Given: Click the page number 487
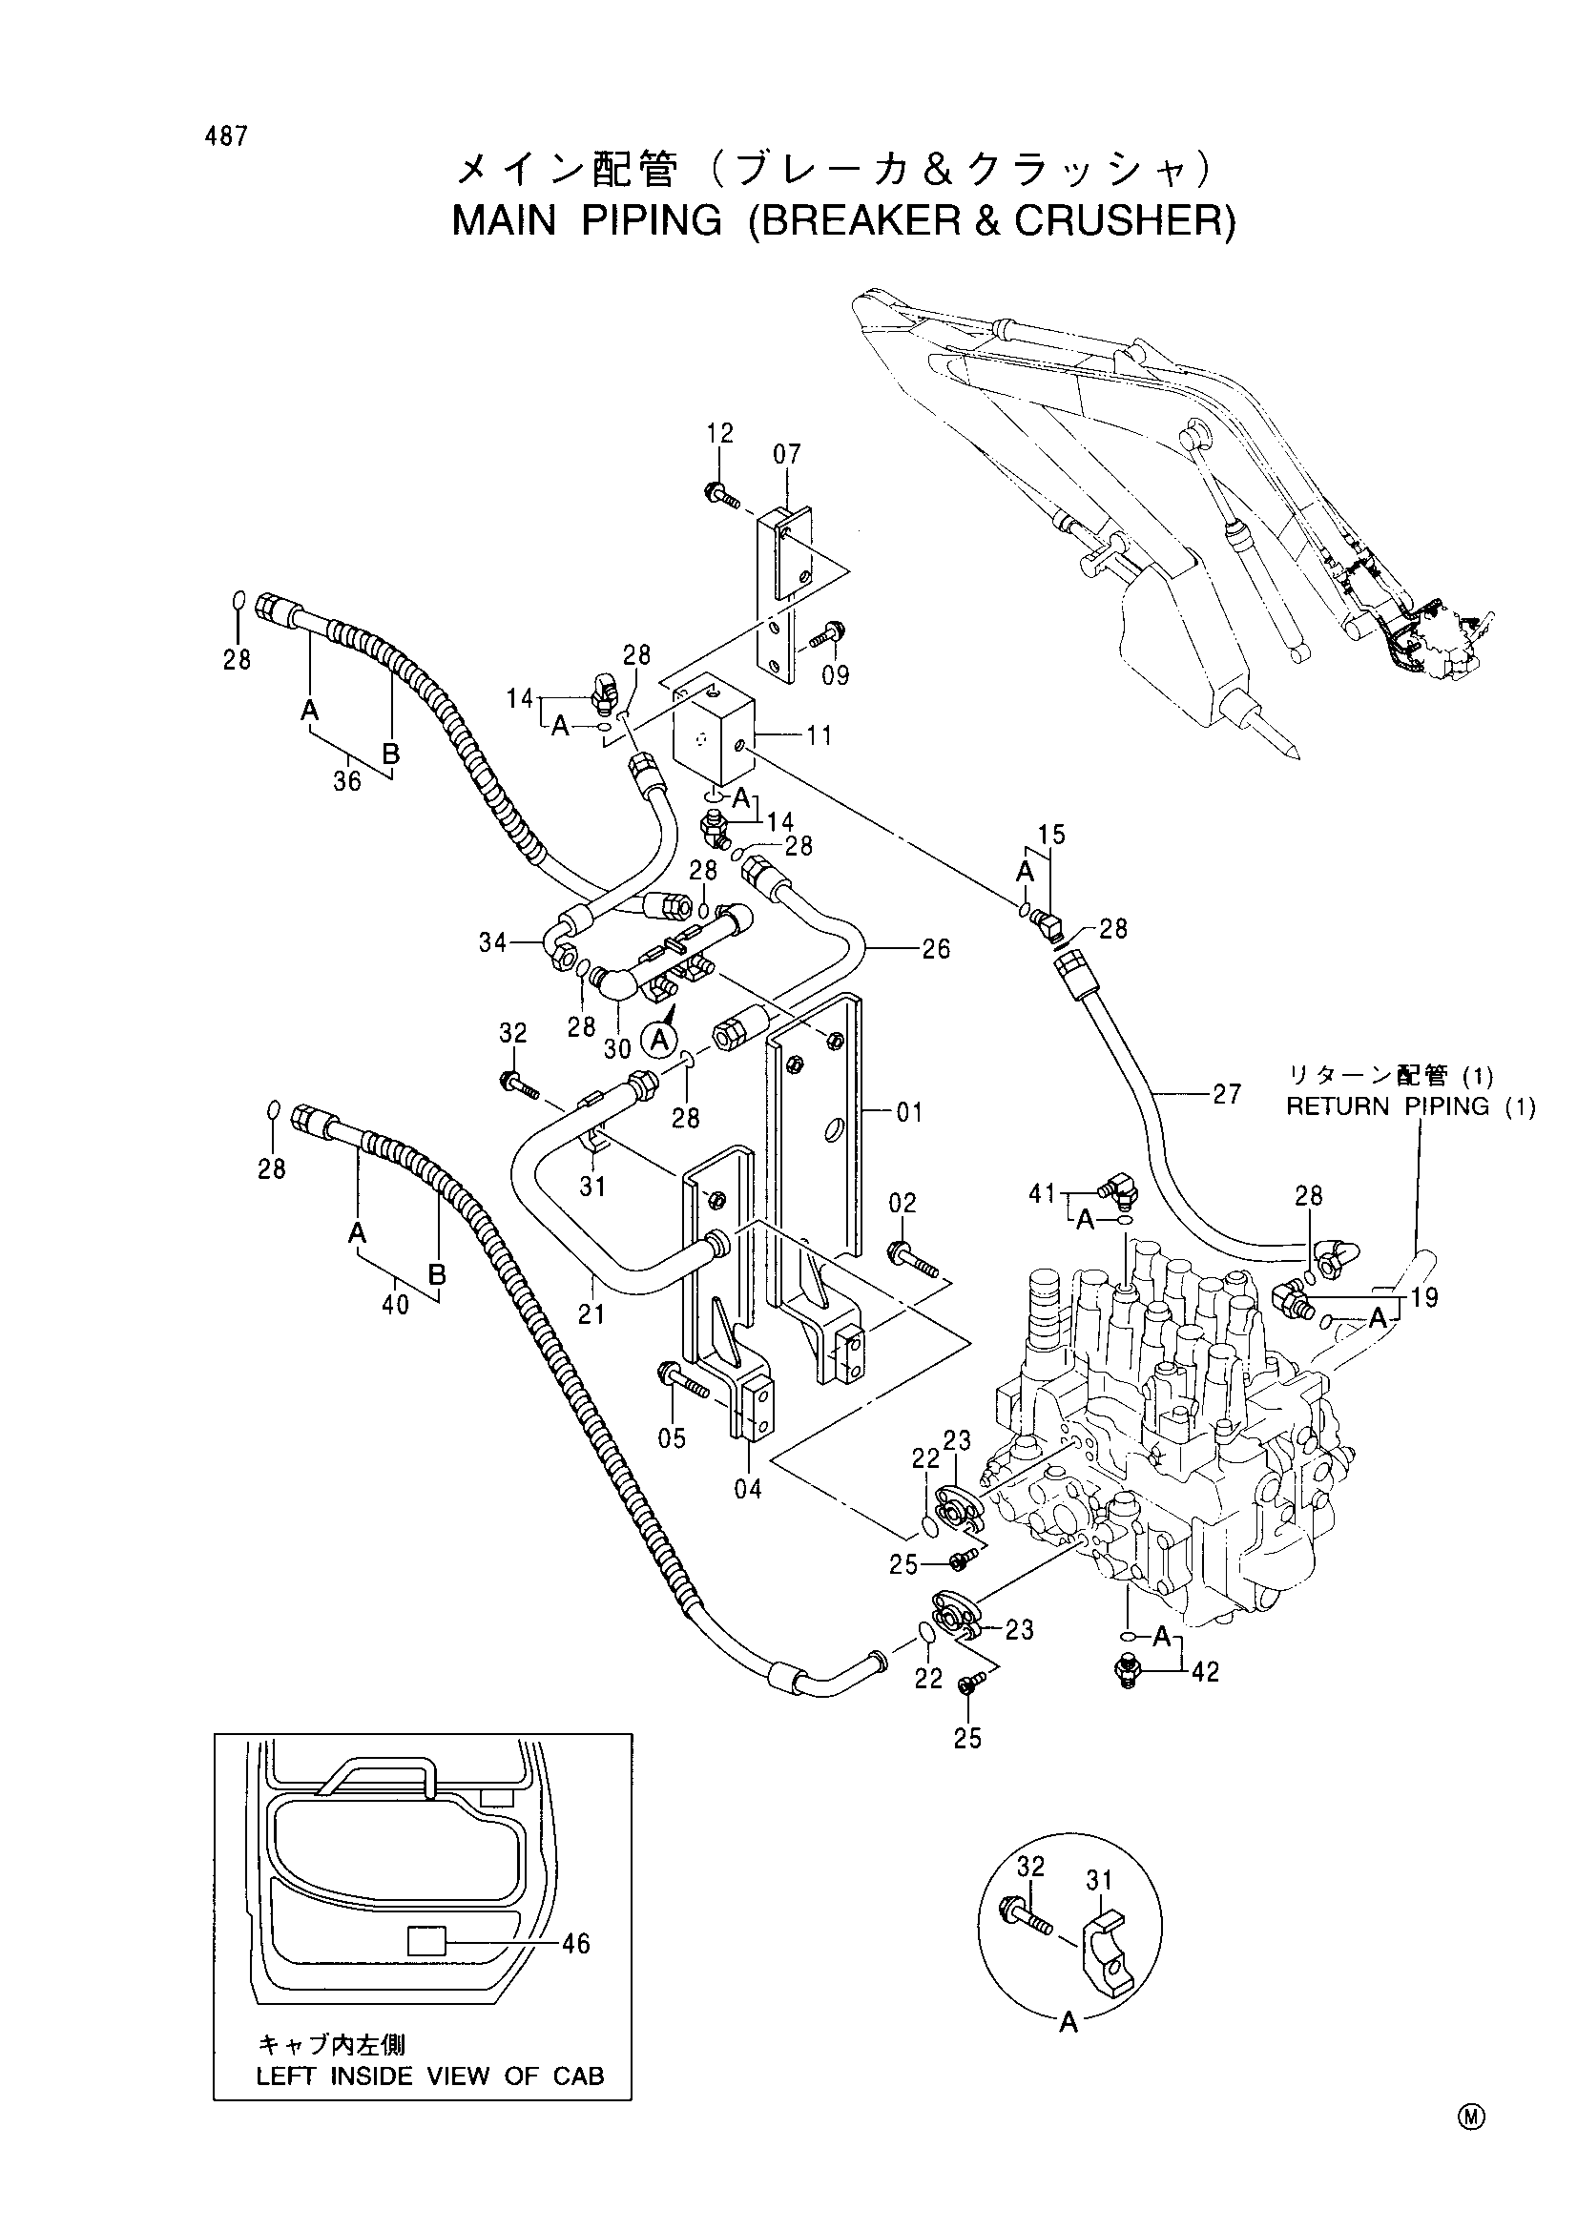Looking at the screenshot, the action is click(226, 137).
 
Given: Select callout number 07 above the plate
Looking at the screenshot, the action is click(787, 455).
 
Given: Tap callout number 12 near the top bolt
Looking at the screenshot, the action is click(720, 433).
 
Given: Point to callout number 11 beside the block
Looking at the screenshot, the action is click(820, 735).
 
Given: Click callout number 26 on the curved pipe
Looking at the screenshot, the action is click(936, 948).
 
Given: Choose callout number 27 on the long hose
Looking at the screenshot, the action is click(1227, 1094).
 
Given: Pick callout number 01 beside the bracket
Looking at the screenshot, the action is click(908, 1111).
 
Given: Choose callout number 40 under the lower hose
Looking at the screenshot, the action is click(396, 1305).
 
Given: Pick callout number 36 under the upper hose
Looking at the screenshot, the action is click(347, 780).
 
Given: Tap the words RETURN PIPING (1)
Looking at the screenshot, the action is click(1411, 1106).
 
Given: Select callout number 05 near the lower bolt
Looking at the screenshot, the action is click(672, 1438).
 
